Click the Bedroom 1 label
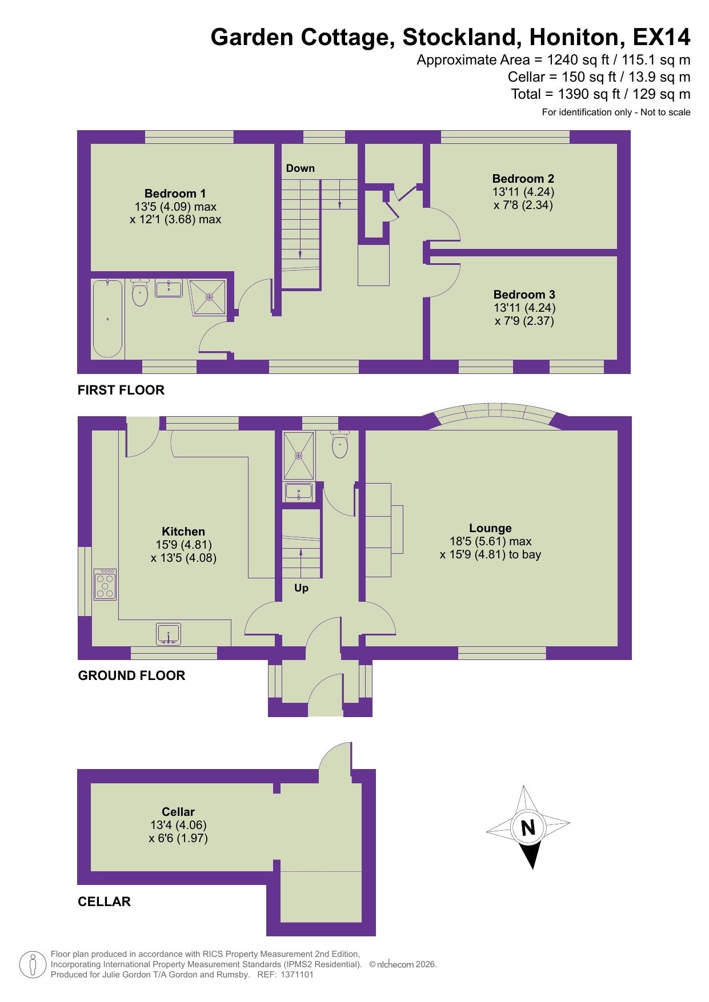tap(175, 194)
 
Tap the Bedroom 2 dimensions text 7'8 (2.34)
tap(523, 205)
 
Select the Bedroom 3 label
tap(524, 295)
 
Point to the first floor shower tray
tap(209, 296)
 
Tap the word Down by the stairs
tap(300, 168)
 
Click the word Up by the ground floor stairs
tap(301, 588)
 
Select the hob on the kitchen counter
tap(106, 584)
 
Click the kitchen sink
tap(168, 634)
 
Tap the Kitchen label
tap(183, 531)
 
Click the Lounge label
tap(490, 528)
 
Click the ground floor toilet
tap(339, 446)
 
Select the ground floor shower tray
tap(299, 455)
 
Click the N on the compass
tap(528, 827)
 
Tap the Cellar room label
tap(178, 812)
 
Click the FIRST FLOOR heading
tap(121, 390)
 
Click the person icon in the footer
tap(33, 964)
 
